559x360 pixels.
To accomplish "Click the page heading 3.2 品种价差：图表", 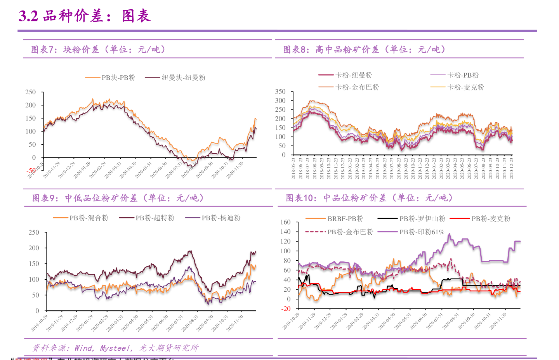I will click(x=85, y=16).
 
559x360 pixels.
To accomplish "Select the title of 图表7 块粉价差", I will click(x=98, y=50).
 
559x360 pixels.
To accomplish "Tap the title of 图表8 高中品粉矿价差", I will click(x=364, y=50).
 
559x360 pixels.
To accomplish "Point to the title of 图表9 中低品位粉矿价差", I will click(x=118, y=198).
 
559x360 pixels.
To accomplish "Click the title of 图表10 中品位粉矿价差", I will click(x=369, y=198).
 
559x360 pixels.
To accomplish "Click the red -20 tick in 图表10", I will click(x=286, y=309).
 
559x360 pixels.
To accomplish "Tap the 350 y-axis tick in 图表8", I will click(x=280, y=92).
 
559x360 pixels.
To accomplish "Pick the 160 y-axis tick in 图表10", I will click(x=285, y=222).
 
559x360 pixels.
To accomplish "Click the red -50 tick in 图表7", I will click(x=31, y=171).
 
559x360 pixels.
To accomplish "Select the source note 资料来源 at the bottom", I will click(x=115, y=348).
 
